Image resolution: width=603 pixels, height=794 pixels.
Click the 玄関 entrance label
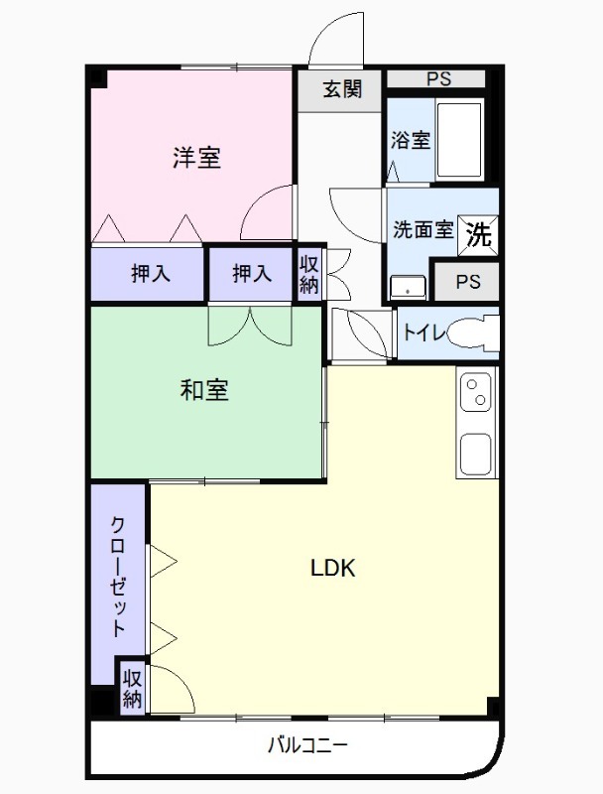(x=340, y=89)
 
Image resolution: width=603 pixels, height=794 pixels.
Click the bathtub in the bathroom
(x=459, y=139)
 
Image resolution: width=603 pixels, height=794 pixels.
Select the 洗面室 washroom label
(x=422, y=230)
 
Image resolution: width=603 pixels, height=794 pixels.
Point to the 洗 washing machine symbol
(x=478, y=234)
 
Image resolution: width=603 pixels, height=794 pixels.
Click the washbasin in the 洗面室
(x=407, y=287)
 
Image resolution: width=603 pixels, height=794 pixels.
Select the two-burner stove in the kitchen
(x=477, y=391)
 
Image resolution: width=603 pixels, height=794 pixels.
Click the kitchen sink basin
(x=477, y=454)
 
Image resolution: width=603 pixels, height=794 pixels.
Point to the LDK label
(x=333, y=569)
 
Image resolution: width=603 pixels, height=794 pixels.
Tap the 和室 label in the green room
(x=204, y=390)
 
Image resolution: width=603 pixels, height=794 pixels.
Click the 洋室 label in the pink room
(x=196, y=157)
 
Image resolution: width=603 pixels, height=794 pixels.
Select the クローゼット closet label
(x=117, y=576)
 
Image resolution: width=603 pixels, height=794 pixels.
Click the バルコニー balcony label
(x=307, y=745)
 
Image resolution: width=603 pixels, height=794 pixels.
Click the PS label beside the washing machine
(x=468, y=282)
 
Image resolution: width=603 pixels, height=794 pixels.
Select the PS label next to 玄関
(x=436, y=78)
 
